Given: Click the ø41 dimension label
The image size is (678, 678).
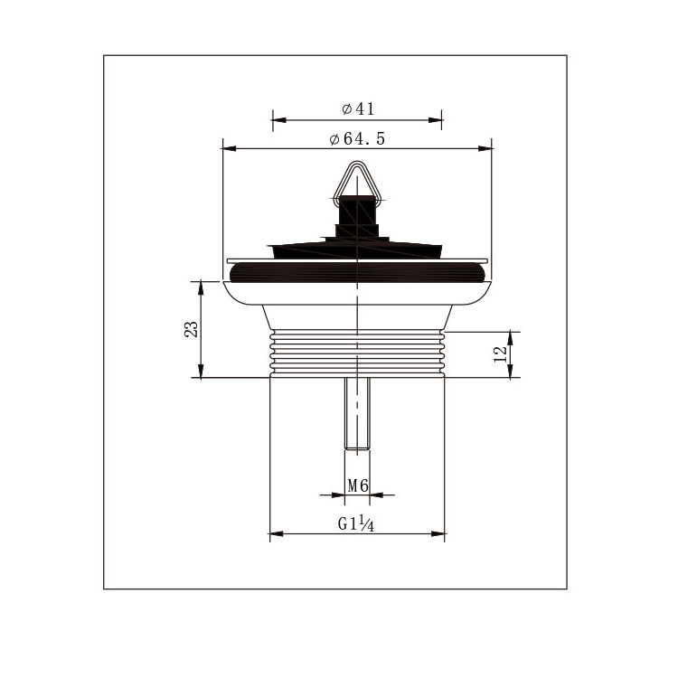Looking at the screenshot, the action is click(358, 108).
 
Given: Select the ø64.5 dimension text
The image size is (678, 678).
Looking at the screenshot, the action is click(357, 139).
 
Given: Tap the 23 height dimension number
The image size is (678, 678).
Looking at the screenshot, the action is click(191, 329).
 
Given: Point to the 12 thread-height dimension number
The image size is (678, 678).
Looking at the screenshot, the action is click(500, 354).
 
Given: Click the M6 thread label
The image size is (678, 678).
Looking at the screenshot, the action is click(358, 486).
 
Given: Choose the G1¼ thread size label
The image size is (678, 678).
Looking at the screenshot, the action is click(356, 524).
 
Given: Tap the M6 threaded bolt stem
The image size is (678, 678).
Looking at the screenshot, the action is click(357, 413).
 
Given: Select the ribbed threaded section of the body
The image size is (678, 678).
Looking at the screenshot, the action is click(357, 353).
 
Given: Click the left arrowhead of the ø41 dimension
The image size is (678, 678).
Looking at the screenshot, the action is click(279, 119).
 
